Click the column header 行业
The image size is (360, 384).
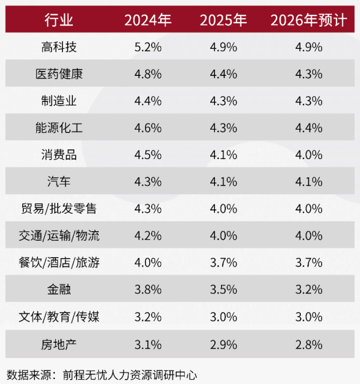point(59,21)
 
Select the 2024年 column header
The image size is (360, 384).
point(148,21)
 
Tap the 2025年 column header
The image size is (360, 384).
point(223,21)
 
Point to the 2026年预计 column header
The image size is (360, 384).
point(308,21)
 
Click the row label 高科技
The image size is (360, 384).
point(59,47)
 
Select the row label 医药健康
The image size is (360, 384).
point(59,74)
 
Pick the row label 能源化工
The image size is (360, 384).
point(59,128)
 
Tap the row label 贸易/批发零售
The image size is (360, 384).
point(59,209)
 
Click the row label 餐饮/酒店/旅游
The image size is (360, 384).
point(59,263)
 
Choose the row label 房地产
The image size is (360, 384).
point(59,344)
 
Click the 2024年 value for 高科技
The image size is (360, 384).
point(148,47)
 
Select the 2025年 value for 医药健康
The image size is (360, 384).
point(223,74)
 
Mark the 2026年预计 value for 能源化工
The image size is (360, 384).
point(308,128)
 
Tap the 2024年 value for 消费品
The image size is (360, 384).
point(148,155)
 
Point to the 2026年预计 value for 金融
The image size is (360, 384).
point(308,290)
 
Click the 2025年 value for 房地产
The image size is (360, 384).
point(223,344)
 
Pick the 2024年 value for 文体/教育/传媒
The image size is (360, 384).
point(148,317)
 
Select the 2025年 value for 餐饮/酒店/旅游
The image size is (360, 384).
point(223,263)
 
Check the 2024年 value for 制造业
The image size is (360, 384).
point(148,101)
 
